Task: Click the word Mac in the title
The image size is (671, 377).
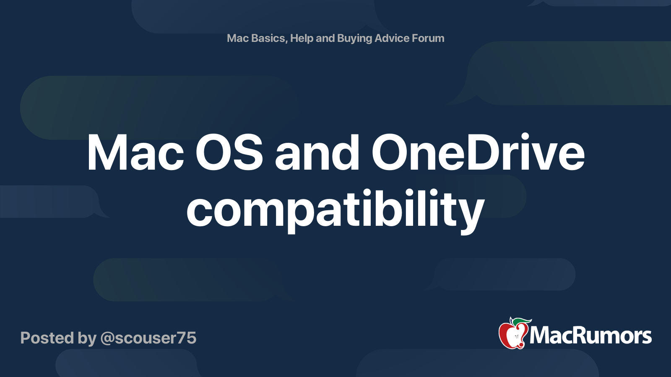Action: click(135, 153)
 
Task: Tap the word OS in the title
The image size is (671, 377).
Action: click(229, 153)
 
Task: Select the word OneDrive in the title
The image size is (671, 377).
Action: click(478, 153)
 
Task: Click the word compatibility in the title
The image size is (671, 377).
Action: click(335, 209)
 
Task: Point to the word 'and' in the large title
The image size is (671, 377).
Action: click(317, 153)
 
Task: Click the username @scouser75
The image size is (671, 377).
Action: click(148, 338)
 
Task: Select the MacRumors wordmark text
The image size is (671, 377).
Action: click(590, 336)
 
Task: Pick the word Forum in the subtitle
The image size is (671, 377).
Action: click(428, 38)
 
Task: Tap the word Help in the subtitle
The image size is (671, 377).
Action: click(302, 38)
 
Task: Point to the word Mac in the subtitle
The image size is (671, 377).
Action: click(238, 38)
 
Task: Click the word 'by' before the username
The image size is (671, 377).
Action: click(87, 338)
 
